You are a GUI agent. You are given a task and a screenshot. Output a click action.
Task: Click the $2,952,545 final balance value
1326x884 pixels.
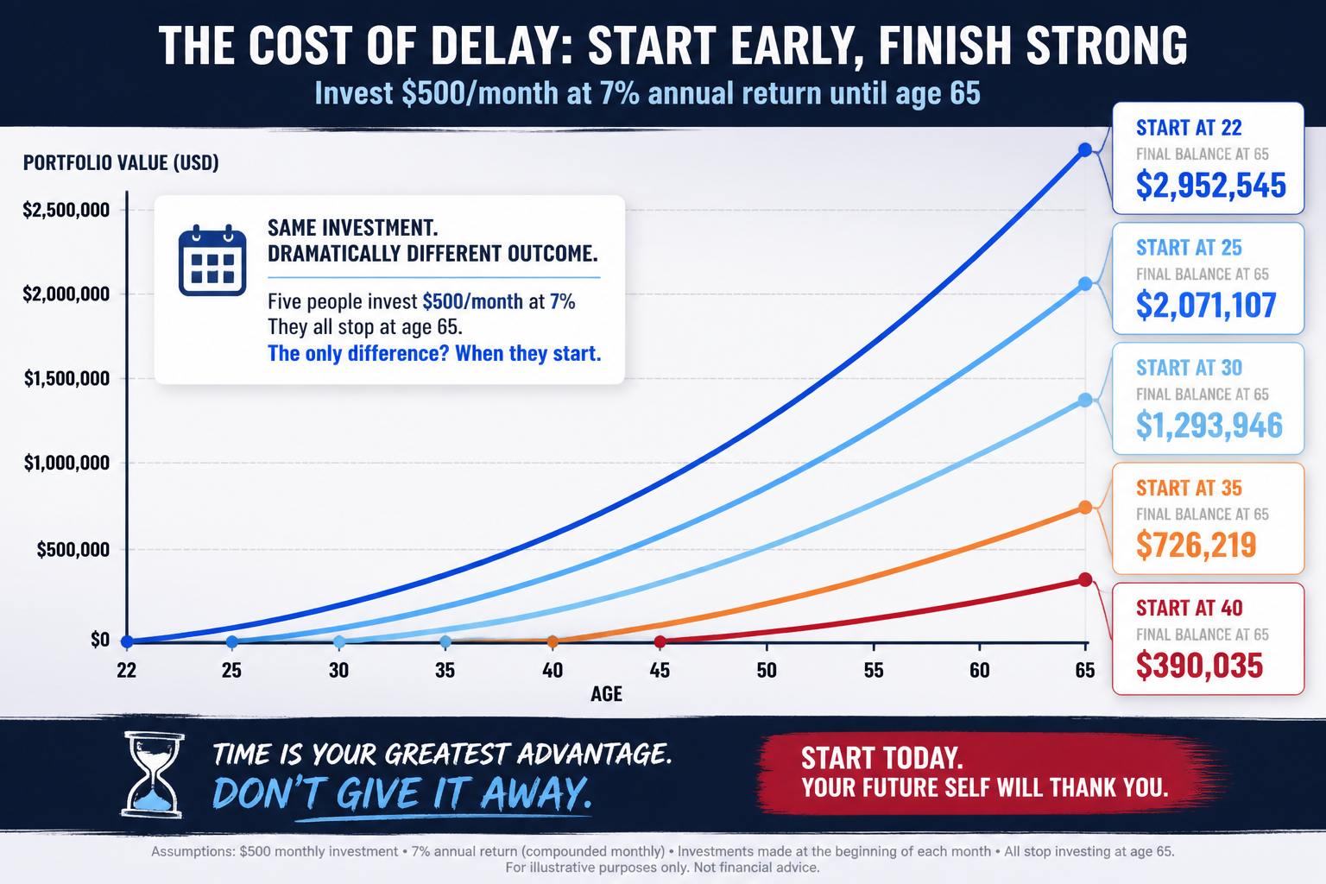[x=1210, y=185]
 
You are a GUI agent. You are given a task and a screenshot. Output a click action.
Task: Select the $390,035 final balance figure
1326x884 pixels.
[x=1199, y=666]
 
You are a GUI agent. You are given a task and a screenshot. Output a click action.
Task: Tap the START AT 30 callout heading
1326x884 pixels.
[x=1189, y=368]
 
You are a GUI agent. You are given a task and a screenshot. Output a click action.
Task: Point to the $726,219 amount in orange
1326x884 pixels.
[x=1196, y=545]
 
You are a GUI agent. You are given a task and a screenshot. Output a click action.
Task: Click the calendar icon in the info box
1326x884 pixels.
[x=212, y=260]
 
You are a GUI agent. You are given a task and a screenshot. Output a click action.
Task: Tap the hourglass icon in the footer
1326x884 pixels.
[x=153, y=775]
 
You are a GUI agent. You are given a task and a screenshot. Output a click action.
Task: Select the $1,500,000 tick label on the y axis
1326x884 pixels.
[x=66, y=378]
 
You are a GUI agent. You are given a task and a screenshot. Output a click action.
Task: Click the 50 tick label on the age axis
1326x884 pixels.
[x=766, y=670]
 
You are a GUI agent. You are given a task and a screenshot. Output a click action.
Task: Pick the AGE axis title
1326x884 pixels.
[x=606, y=694]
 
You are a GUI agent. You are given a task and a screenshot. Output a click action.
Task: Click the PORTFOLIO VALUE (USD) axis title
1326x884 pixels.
[x=121, y=162]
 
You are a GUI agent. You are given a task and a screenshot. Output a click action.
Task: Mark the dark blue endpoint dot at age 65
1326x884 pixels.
[x=1084, y=150]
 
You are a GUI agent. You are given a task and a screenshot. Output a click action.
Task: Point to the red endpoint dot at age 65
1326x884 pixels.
[x=1084, y=579]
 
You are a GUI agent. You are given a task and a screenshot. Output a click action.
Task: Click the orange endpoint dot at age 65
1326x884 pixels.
[x=1084, y=508]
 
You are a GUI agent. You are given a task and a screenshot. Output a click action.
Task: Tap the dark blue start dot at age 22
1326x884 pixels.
[x=127, y=641]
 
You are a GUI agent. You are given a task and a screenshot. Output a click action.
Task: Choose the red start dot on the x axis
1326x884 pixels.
[x=660, y=641]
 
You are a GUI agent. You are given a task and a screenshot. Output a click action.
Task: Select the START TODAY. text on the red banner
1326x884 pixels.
[x=882, y=758]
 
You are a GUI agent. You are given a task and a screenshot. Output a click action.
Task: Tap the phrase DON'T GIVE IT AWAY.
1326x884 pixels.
[x=402, y=792]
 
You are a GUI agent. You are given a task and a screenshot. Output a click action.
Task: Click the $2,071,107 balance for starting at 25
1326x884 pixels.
[x=1206, y=305]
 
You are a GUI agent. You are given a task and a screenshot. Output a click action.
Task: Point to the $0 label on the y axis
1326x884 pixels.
[x=100, y=640]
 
